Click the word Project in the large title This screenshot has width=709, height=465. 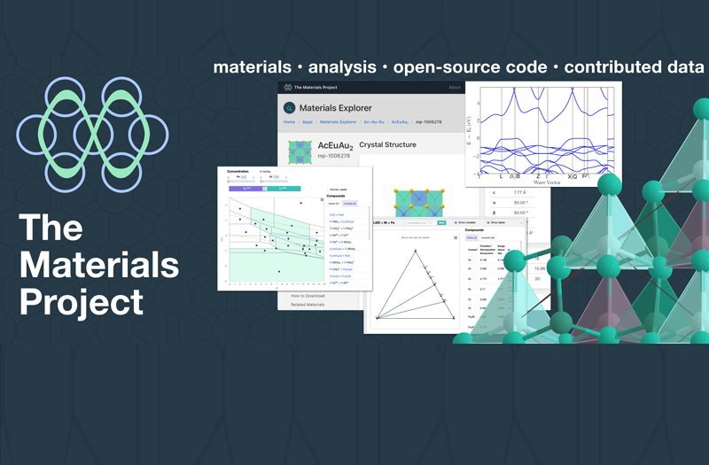tap(82, 301)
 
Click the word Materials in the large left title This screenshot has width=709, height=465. tap(99, 264)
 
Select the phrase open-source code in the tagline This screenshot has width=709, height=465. tap(471, 67)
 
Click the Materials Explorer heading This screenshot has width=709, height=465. tap(335, 108)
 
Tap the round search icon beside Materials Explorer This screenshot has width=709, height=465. tap(289, 108)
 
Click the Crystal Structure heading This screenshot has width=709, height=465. tap(387, 144)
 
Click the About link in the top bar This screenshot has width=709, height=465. tap(454, 87)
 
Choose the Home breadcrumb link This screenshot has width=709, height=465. tap(289, 122)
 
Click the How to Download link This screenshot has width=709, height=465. tap(308, 295)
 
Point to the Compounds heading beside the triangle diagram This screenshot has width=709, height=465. tap(481, 229)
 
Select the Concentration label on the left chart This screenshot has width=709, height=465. tap(238, 172)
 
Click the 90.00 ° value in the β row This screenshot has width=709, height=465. tap(521, 213)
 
